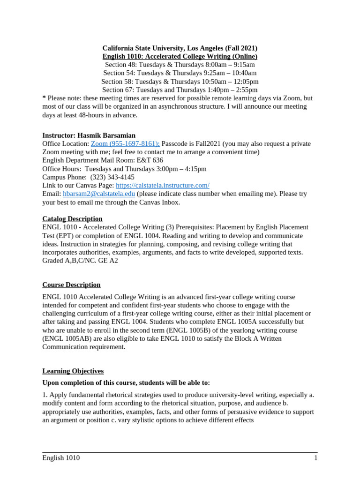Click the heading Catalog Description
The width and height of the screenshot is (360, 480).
(72, 219)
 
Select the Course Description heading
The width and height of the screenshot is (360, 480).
(71, 285)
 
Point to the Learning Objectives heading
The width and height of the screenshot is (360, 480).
(73, 371)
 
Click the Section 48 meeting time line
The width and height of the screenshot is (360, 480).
(180, 65)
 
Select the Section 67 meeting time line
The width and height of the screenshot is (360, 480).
(180, 90)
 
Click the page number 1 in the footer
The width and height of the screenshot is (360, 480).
(315, 458)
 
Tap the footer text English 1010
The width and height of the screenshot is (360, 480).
(61, 458)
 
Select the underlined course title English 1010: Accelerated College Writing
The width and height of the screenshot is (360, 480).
(180, 56)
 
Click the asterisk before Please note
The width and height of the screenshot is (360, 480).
(44, 98)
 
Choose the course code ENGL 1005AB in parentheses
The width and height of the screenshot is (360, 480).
(65, 338)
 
